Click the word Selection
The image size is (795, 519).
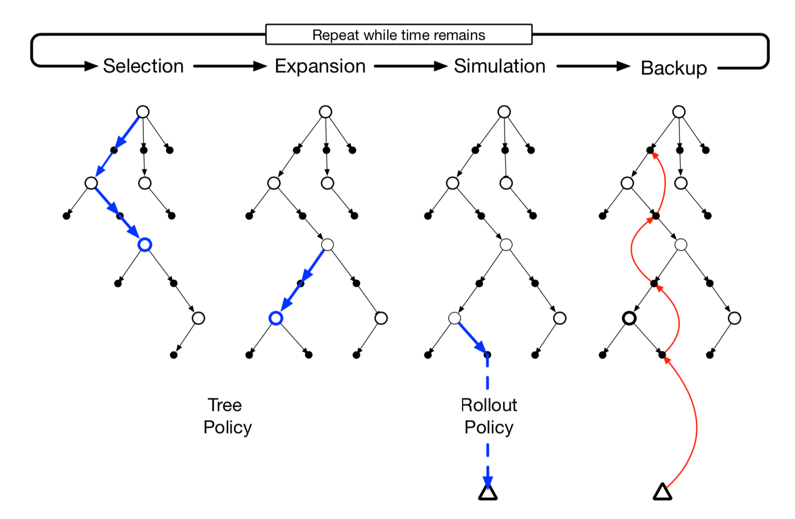143,66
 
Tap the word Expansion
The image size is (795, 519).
320,67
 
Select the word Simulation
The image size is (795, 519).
500,66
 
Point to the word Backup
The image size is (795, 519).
674,68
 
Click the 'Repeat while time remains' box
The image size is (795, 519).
399,35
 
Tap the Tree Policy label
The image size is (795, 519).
227,416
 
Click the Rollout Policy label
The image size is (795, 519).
488,416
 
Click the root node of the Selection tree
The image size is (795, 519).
143,112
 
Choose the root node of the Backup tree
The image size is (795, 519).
679,112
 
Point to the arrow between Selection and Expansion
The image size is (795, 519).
230,66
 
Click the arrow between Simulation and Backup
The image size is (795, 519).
593,66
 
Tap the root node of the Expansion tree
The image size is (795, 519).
326,112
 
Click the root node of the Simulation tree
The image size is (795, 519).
504,112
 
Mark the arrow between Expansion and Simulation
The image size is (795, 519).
411,66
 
